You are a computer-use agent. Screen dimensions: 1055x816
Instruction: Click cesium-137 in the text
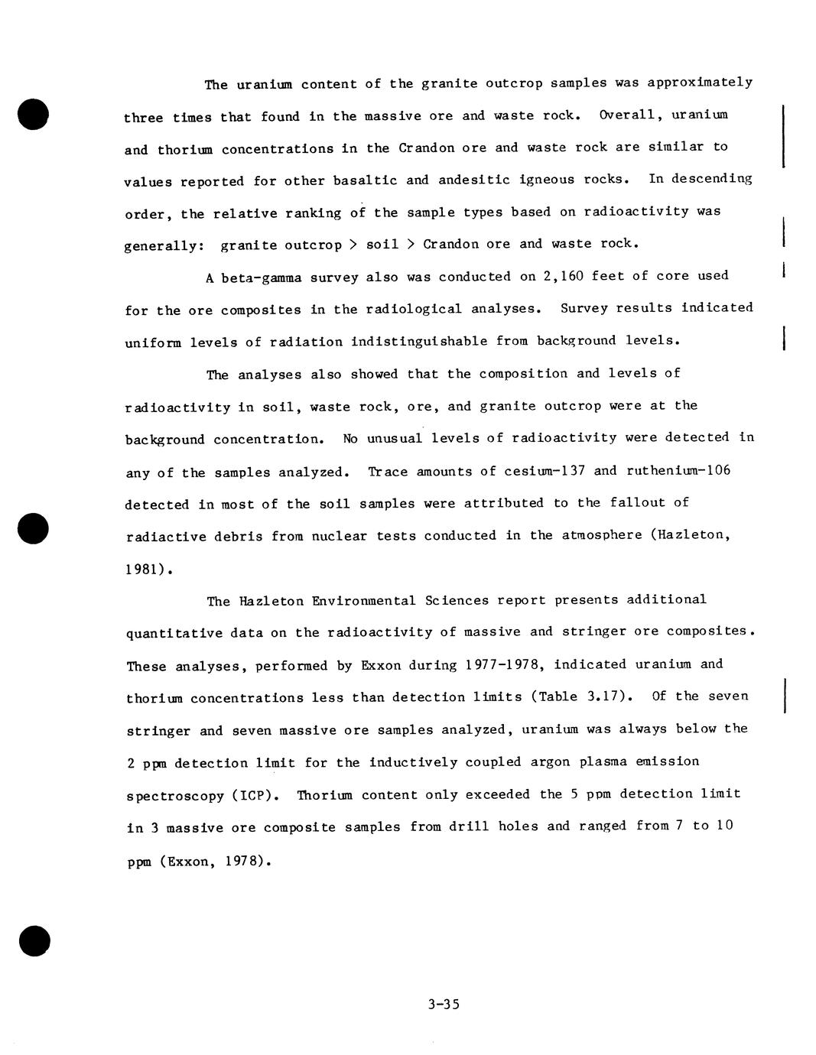[x=545, y=471]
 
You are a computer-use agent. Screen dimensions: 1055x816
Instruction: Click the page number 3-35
[x=444, y=1005]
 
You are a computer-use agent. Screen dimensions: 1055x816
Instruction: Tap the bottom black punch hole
[x=34, y=940]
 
